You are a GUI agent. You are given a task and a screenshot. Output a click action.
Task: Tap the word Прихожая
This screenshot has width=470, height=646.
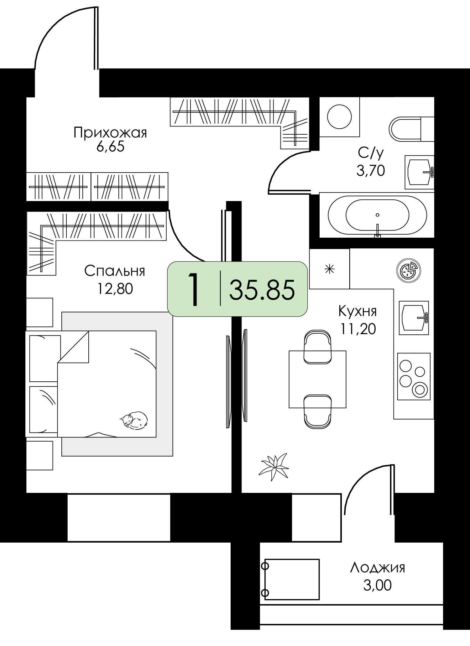coord(110,133)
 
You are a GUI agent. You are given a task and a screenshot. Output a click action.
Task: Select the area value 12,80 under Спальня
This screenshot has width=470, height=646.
coord(115,289)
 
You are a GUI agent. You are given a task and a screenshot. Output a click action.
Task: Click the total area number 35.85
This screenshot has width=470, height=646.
coord(262,290)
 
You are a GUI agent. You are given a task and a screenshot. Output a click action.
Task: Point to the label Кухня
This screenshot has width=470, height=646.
coord(358,312)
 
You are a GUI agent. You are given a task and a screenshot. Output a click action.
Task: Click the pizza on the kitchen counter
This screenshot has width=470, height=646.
coord(409,269)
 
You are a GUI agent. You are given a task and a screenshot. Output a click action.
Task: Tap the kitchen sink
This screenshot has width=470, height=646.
coord(414,318)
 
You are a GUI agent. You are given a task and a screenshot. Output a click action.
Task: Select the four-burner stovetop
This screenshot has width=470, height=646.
coord(414,376)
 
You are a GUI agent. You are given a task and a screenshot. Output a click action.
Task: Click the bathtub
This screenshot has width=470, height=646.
coord(377,215)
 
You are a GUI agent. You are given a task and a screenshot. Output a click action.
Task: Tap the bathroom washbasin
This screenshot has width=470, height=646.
coord(419,172)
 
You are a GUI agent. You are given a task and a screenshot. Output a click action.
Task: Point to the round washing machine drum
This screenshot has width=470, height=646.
coord(339,116)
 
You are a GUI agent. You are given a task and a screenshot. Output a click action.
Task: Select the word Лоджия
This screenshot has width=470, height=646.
coord(378,568)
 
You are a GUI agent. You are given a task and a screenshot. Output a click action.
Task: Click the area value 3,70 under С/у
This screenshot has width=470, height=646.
coord(371,171)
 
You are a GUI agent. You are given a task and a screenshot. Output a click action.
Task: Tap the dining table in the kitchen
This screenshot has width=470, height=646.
coord(317,379)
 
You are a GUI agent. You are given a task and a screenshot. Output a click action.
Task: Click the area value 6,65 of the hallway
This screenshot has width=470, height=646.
coord(110,147)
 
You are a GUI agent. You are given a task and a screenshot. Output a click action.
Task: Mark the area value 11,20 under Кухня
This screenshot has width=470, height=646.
coord(358,329)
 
